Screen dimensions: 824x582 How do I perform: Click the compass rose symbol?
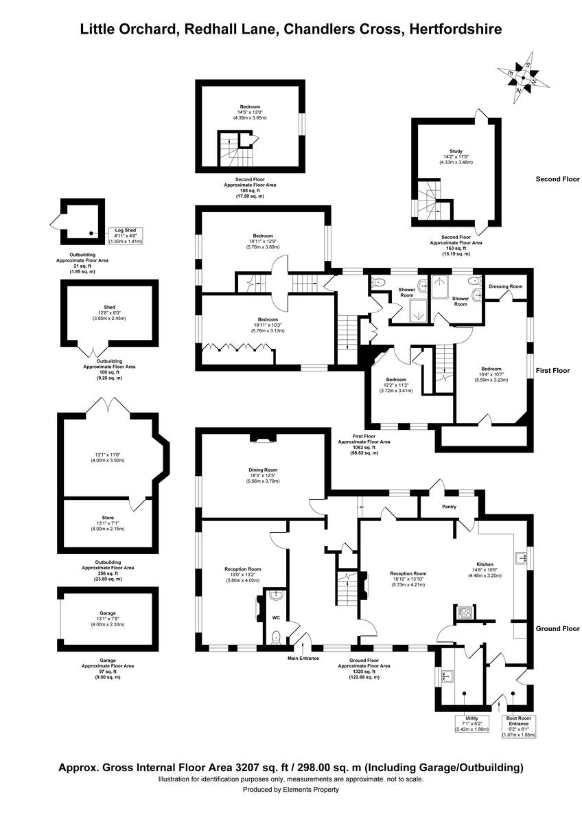tap(524, 76)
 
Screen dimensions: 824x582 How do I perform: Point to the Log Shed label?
tap(124, 230)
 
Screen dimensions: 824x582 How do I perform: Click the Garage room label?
tap(107, 613)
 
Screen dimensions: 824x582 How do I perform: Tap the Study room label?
tap(456, 151)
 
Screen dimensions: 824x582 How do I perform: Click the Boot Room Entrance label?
tap(518, 721)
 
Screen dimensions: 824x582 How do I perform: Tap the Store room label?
tap(108, 517)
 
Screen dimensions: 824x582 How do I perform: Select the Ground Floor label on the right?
tap(557, 628)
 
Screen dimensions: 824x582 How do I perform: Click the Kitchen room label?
tap(485, 564)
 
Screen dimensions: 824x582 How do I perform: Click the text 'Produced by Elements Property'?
tap(291, 790)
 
